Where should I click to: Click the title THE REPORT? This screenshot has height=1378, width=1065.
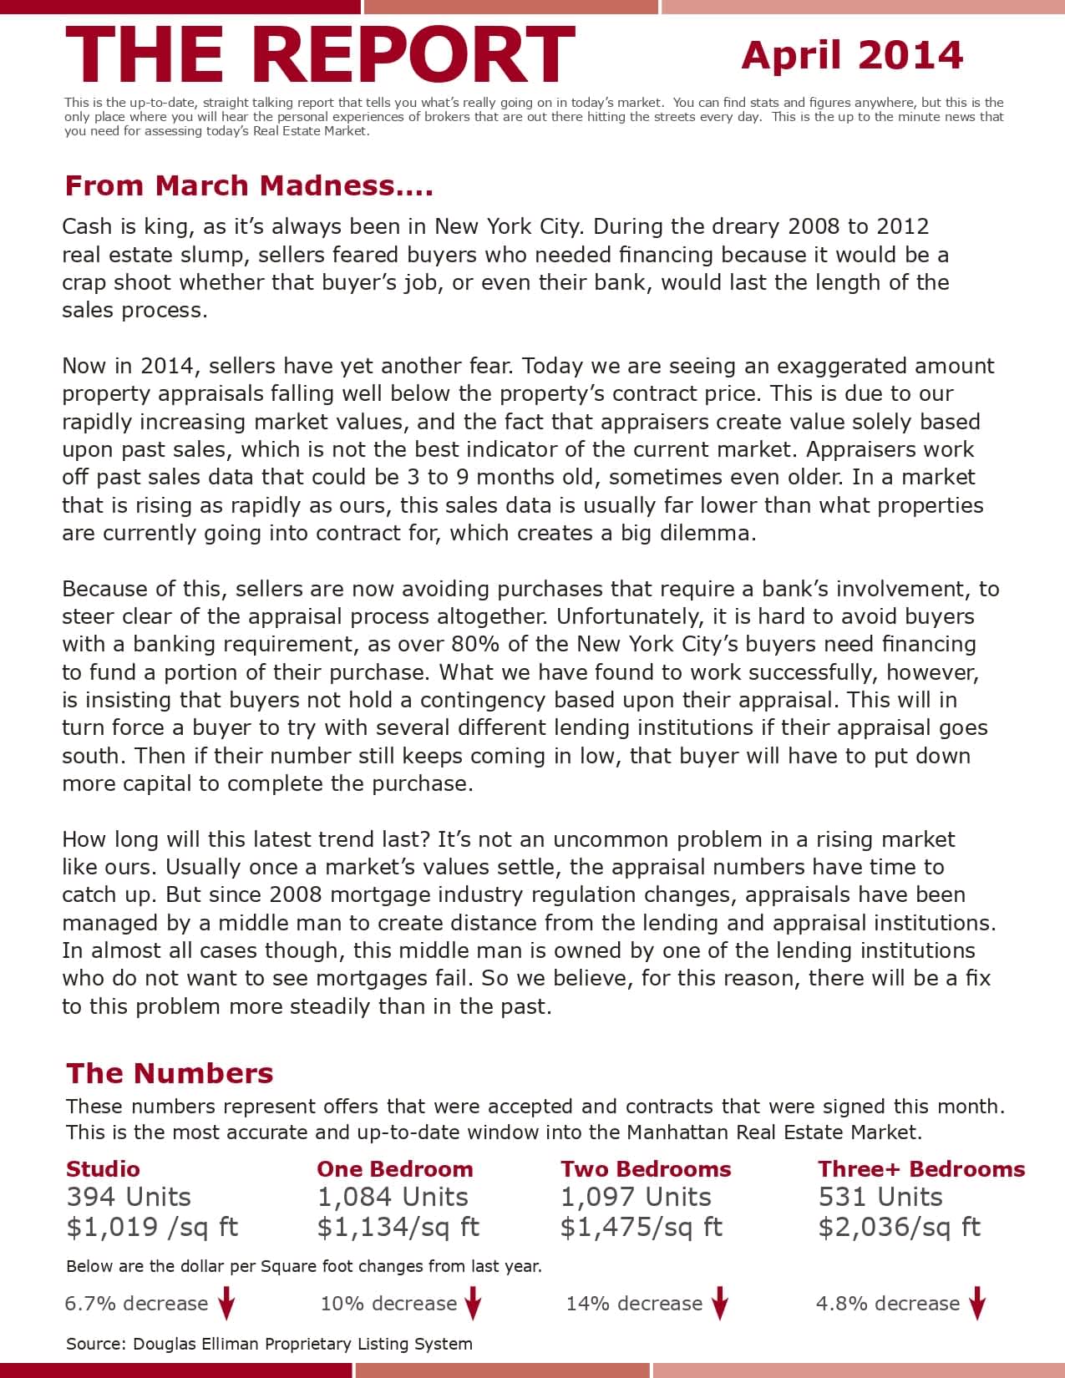(320, 54)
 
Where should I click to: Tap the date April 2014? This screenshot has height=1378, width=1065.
(852, 55)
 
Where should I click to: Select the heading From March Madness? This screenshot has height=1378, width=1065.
(249, 185)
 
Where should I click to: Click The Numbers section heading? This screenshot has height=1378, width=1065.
(170, 1073)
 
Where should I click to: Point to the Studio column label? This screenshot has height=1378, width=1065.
(103, 1169)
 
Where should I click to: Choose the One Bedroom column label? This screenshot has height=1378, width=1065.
(394, 1169)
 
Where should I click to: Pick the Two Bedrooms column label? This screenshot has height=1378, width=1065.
(646, 1169)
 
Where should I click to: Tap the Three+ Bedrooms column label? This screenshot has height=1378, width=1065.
(921, 1169)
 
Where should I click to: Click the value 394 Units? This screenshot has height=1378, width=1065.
(129, 1197)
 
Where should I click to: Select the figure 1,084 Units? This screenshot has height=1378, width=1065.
(393, 1197)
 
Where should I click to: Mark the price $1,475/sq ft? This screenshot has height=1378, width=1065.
(642, 1227)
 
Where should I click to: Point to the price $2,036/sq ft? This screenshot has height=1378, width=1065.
(900, 1227)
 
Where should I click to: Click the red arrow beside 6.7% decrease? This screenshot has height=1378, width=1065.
(226, 1304)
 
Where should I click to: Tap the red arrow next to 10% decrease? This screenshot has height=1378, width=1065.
(473, 1304)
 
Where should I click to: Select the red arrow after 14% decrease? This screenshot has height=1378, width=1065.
(720, 1304)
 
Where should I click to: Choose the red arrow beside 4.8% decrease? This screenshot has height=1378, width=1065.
(977, 1304)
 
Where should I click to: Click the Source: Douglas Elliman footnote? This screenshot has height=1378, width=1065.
(269, 1344)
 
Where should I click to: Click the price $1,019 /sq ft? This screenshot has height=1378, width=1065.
(152, 1227)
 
